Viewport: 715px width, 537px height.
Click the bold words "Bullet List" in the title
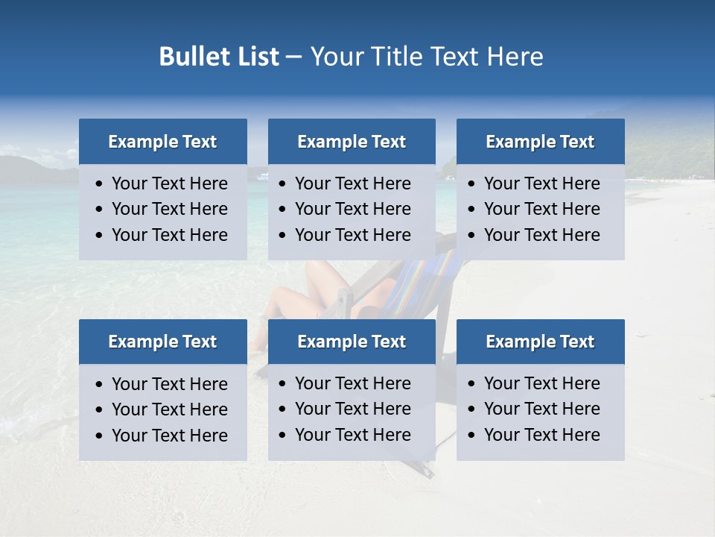coord(219,57)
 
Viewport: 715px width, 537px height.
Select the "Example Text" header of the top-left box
coord(162,142)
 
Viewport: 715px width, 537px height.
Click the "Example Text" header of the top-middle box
coord(352,142)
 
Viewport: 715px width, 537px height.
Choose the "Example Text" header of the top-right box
coord(540,142)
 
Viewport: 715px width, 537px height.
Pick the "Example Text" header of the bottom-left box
coord(162,342)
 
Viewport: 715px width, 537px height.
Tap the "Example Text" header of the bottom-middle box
coord(352,342)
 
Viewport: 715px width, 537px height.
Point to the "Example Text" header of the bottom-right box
coord(540,342)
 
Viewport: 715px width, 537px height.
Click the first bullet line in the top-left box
coord(169,183)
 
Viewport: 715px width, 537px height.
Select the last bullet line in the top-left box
coord(169,235)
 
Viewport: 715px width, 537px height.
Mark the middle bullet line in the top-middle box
coord(352,209)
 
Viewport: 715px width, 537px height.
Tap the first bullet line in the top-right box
coord(541,183)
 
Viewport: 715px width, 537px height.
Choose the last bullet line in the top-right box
coord(541,235)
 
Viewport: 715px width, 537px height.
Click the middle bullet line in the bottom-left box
coord(169,409)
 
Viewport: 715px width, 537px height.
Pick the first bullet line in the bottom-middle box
coord(352,383)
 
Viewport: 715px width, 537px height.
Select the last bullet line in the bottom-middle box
coord(352,435)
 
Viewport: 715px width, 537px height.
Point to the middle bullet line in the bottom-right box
coord(541,409)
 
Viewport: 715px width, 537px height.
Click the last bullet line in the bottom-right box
coord(541,435)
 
